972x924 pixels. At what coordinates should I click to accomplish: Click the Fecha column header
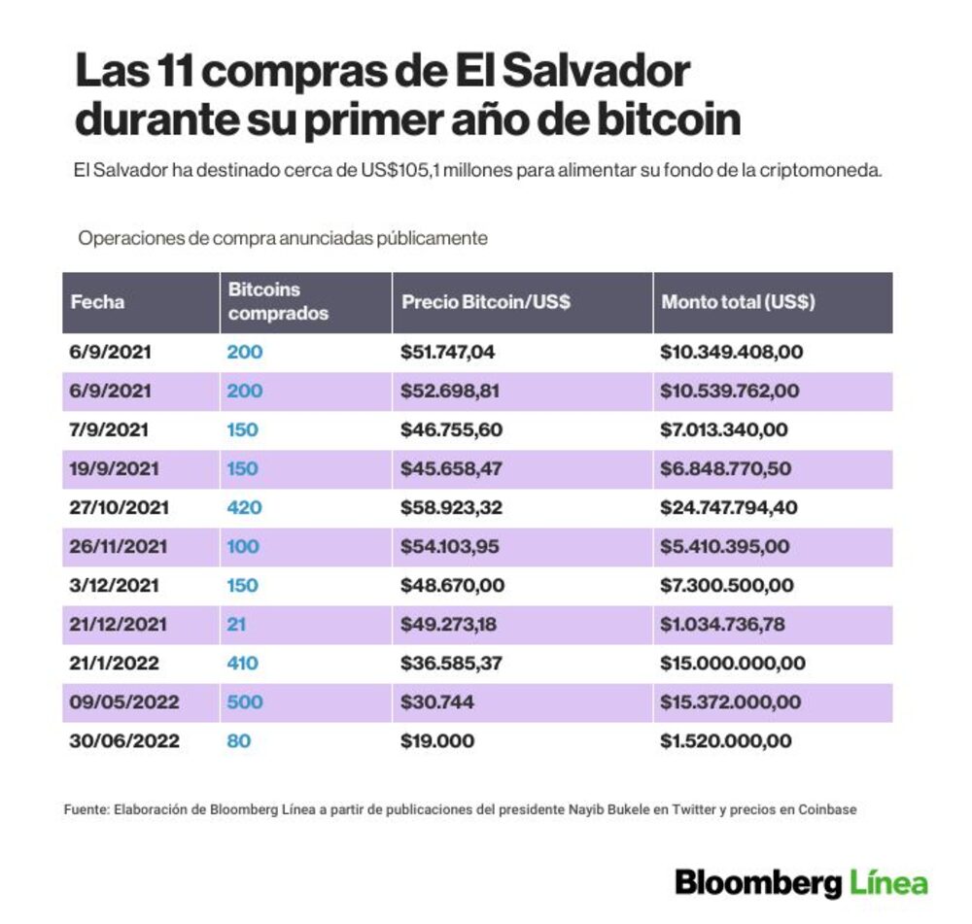(x=97, y=302)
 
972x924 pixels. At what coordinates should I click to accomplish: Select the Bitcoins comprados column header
(x=278, y=301)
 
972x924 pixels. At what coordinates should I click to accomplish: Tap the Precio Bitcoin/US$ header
(x=485, y=302)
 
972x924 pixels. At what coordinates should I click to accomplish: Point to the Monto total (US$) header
(x=738, y=302)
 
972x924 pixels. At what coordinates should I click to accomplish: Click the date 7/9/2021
(x=109, y=429)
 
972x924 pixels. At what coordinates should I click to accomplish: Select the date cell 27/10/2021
(x=119, y=507)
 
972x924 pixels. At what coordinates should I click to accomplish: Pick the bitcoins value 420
(x=244, y=507)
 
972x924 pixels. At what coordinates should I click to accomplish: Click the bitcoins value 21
(x=236, y=624)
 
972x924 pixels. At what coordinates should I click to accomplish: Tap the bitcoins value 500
(x=245, y=702)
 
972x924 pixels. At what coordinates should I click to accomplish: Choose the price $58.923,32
(x=451, y=507)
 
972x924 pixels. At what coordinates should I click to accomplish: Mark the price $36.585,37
(x=451, y=663)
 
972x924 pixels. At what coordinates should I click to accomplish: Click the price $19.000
(x=437, y=741)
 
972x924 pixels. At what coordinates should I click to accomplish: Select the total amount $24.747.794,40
(x=728, y=507)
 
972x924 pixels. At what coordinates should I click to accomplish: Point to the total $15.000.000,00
(x=733, y=663)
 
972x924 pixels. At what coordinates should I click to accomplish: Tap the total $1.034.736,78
(x=722, y=624)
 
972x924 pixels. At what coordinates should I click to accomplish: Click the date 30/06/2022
(x=124, y=741)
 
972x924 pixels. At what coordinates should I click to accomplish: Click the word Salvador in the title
(x=595, y=71)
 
